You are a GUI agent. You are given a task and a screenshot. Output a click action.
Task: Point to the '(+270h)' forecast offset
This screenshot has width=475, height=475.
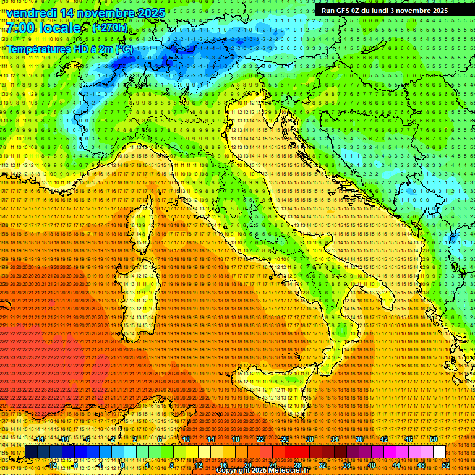(x=110, y=27)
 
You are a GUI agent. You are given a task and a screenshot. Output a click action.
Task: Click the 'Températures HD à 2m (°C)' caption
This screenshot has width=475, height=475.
(x=69, y=48)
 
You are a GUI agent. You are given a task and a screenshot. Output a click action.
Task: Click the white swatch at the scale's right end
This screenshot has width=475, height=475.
(x=439, y=452)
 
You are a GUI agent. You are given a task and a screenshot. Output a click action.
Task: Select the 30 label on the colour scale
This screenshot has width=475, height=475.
(x=309, y=439)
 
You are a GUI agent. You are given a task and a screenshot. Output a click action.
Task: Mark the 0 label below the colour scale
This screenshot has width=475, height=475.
(x=122, y=465)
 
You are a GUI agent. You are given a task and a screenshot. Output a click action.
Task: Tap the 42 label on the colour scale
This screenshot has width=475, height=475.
(x=383, y=439)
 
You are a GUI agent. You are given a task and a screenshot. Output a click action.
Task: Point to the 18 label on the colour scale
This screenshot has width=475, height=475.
(x=235, y=439)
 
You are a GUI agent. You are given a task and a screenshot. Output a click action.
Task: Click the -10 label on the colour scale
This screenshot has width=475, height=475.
(x=64, y=439)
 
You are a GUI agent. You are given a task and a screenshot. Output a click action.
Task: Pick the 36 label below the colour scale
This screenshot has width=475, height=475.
(x=346, y=465)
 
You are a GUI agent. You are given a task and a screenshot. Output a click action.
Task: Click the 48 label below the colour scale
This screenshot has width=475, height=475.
(x=421, y=465)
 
